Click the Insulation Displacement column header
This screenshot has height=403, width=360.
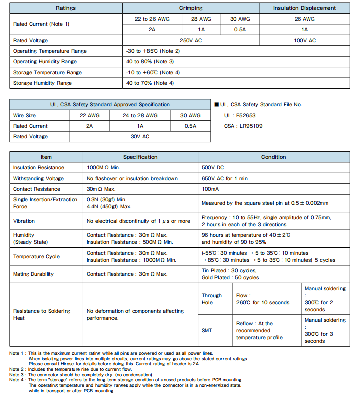(x=304, y=8)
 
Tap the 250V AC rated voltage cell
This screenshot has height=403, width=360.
(x=191, y=40)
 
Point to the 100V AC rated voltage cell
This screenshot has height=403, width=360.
(x=304, y=40)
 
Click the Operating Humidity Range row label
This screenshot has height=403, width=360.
(x=45, y=62)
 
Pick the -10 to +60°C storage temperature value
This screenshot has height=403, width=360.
(x=153, y=72)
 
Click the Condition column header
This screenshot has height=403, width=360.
(x=273, y=157)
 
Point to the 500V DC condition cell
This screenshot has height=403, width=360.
(x=213, y=168)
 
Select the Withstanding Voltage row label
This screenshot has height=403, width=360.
(x=38, y=178)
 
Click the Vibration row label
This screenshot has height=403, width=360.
(x=24, y=221)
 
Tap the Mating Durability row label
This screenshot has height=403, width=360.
(x=33, y=274)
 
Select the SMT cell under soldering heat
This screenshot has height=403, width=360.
(x=207, y=331)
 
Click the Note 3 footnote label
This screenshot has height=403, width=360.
(x=18, y=375)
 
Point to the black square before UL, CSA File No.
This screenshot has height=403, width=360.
(x=216, y=105)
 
